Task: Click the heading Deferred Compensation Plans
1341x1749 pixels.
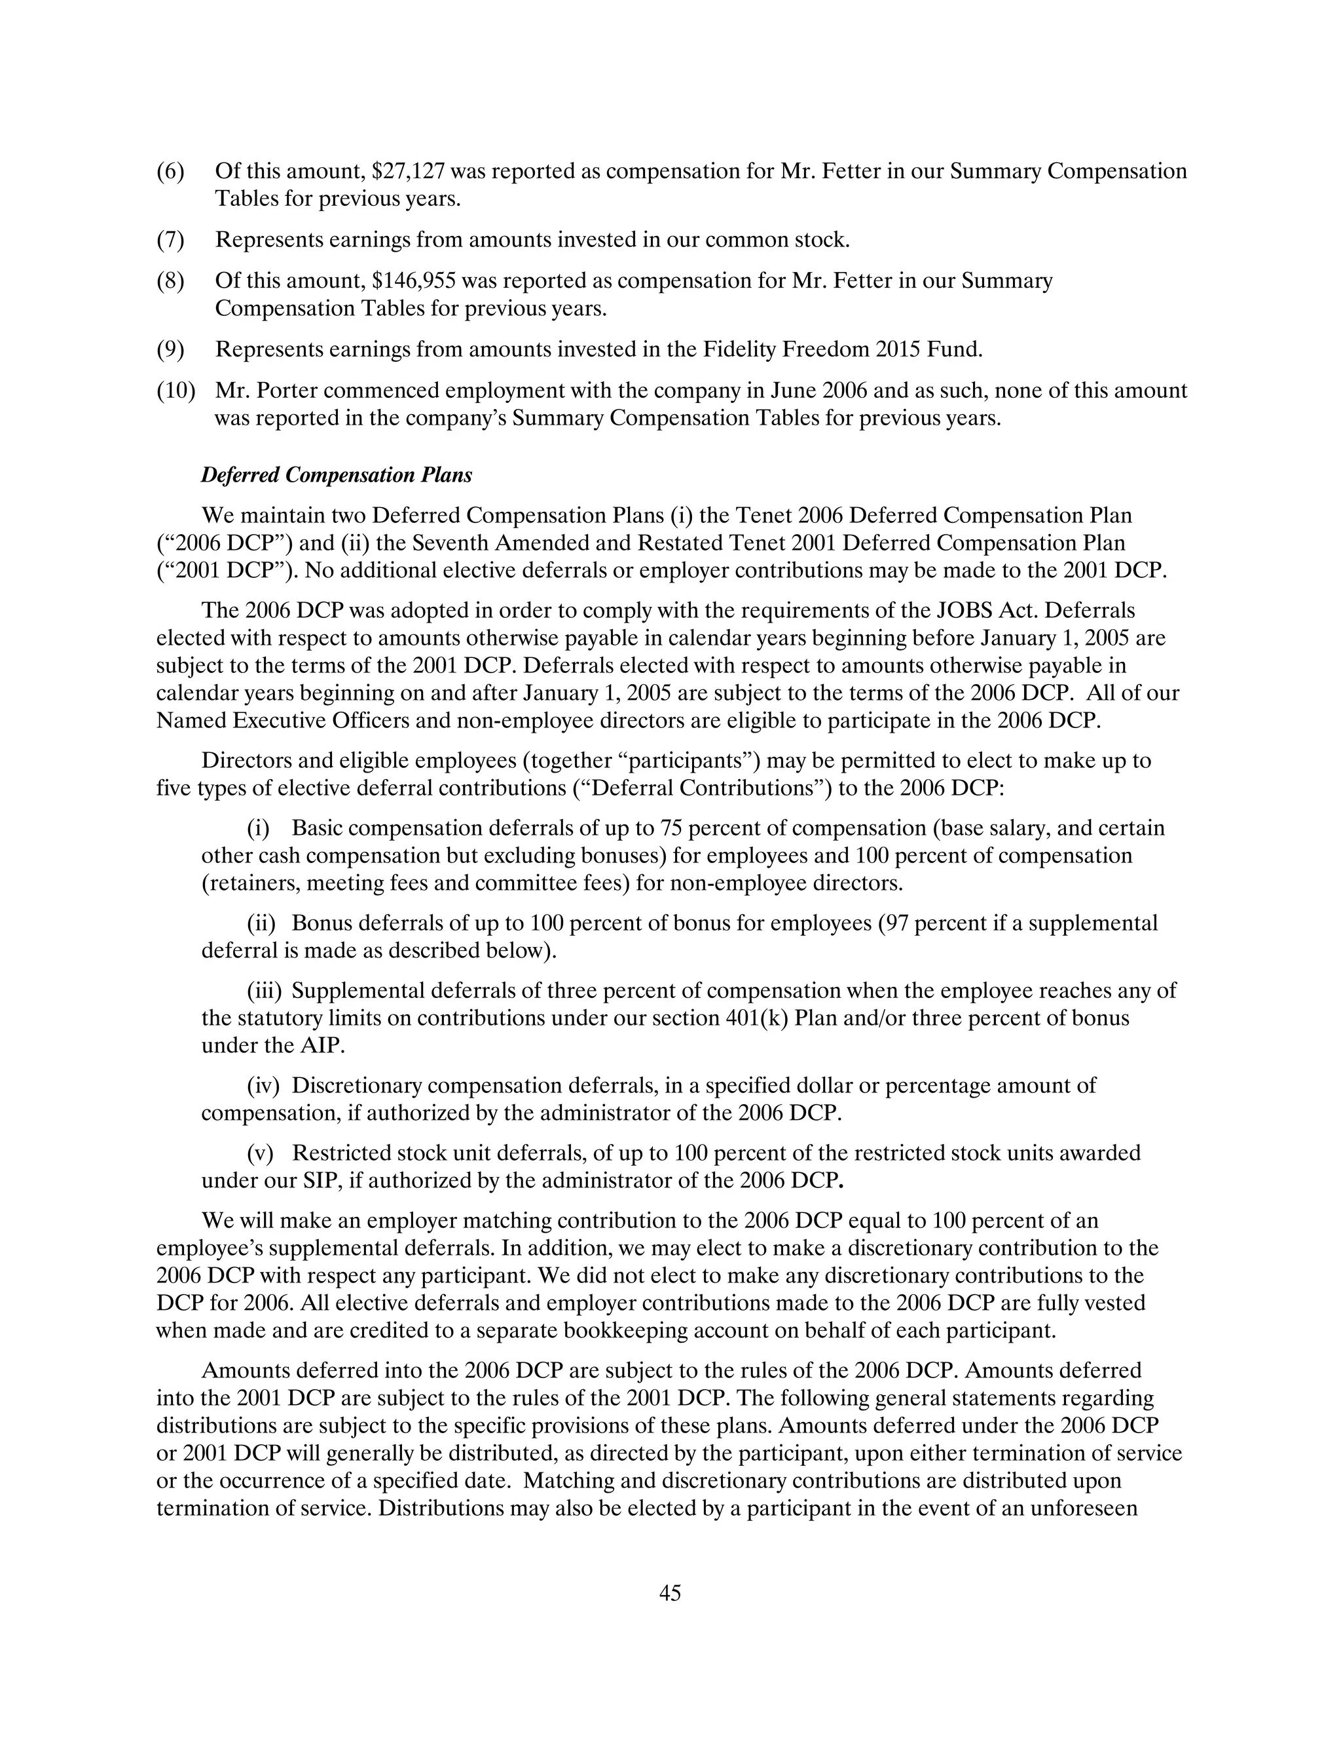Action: pos(336,475)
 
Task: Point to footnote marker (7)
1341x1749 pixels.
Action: pos(170,240)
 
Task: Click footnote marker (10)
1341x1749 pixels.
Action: pos(175,391)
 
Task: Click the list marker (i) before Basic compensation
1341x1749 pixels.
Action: pos(258,828)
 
